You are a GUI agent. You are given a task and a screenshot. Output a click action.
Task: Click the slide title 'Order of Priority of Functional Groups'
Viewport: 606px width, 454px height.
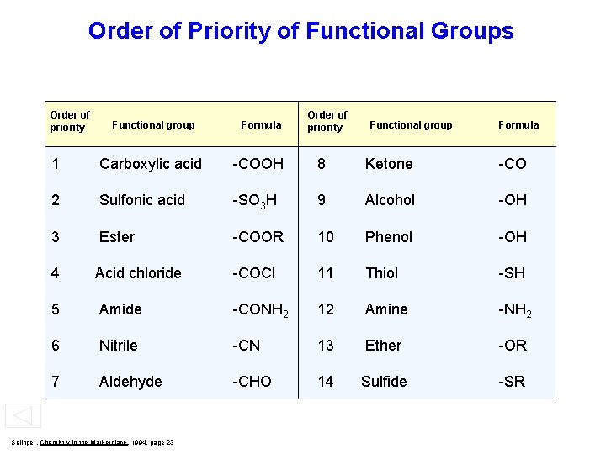click(300, 32)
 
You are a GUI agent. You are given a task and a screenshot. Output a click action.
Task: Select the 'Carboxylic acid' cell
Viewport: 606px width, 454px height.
click(151, 164)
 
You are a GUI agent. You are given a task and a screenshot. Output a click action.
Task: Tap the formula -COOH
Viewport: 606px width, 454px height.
click(258, 164)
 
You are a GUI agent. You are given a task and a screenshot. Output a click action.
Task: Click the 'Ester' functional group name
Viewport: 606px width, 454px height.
click(117, 237)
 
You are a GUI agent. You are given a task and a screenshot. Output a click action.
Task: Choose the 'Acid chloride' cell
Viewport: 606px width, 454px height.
click(138, 273)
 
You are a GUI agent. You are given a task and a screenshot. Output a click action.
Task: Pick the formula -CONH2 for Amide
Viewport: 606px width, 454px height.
click(261, 310)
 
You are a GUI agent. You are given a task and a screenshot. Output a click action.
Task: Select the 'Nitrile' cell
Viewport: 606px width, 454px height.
click(119, 346)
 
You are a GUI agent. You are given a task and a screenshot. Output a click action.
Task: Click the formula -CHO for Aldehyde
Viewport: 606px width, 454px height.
click(252, 382)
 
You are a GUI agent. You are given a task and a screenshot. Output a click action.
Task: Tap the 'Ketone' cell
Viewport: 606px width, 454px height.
click(389, 164)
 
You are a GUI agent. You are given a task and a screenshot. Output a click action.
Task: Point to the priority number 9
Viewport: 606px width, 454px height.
click(322, 200)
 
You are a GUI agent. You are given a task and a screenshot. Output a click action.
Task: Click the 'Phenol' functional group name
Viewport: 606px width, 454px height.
click(389, 237)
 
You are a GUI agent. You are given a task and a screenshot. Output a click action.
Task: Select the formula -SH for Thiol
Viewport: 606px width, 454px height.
click(512, 273)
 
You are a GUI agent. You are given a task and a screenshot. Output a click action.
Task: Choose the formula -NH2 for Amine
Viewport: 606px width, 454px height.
click(514, 310)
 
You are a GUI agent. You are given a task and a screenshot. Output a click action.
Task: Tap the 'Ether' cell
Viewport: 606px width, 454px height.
click(384, 346)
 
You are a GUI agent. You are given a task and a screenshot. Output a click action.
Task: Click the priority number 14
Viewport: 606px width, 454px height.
click(326, 382)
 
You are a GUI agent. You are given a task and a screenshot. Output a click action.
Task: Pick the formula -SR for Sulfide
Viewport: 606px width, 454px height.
click(512, 382)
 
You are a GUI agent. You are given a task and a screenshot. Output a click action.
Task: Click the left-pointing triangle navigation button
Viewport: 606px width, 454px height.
click(23, 416)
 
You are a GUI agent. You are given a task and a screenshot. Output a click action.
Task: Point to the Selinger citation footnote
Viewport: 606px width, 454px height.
click(93, 442)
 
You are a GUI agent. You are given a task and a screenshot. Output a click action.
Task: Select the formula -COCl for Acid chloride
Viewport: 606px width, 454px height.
click(254, 273)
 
